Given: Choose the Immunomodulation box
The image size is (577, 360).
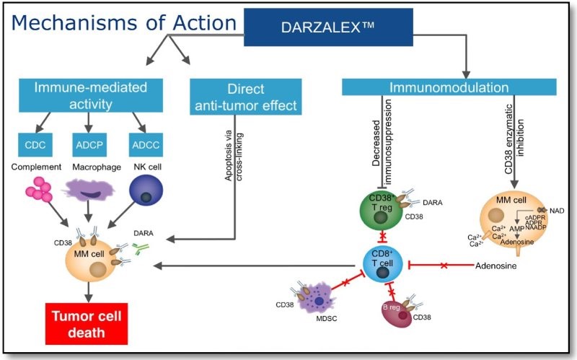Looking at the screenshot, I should click(450, 88).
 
